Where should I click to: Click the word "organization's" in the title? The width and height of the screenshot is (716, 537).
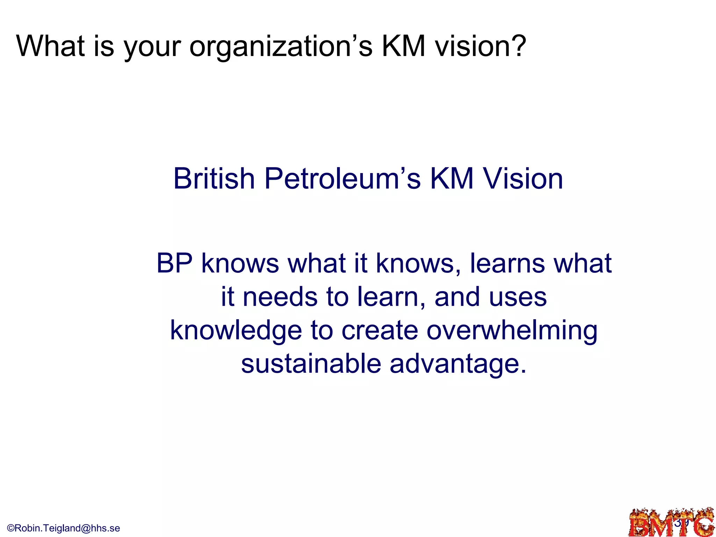[281, 46]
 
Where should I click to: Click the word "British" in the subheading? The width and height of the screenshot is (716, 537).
[214, 179]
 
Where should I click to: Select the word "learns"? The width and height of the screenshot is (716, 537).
[507, 263]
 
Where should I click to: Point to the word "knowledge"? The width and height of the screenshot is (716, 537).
[236, 331]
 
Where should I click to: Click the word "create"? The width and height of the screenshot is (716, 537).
[380, 331]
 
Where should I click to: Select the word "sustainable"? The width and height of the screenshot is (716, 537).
[311, 364]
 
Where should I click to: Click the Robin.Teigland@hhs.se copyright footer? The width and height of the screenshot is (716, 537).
[64, 528]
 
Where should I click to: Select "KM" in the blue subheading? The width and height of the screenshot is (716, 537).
[451, 179]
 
